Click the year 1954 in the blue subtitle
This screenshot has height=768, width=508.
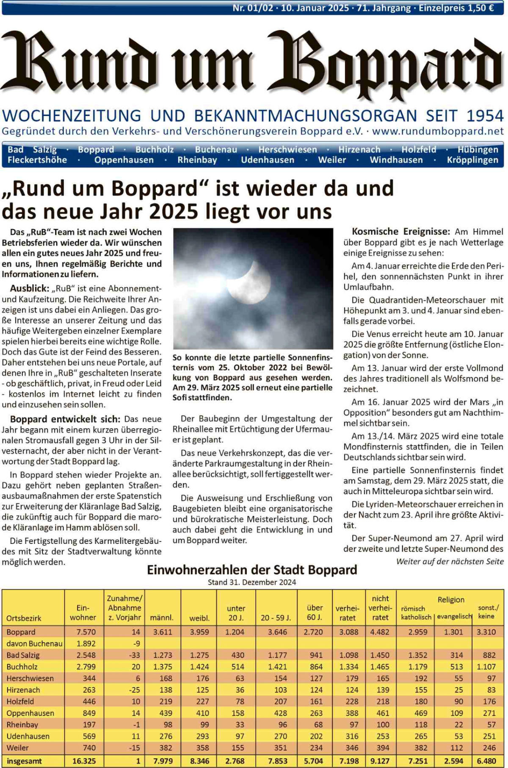click(485, 116)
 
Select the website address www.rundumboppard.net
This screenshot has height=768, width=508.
click(438, 131)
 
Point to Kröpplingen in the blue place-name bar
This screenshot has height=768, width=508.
click(472, 160)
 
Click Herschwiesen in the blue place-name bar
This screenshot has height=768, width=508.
click(287, 150)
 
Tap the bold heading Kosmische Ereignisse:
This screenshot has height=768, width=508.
click(400, 232)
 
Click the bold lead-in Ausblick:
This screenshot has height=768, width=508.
click(30, 288)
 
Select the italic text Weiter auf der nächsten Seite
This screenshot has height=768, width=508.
click(450, 561)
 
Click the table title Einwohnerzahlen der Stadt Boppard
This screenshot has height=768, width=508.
click(252, 570)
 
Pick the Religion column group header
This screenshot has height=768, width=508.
click(451, 600)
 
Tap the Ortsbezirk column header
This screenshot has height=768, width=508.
click(24, 618)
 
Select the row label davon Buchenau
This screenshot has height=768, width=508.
click(34, 643)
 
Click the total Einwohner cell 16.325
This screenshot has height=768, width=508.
click(84, 761)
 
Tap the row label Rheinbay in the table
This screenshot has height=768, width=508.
click(22, 725)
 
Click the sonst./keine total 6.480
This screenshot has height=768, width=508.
click(486, 761)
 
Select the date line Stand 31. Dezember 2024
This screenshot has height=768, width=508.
click(252, 582)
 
